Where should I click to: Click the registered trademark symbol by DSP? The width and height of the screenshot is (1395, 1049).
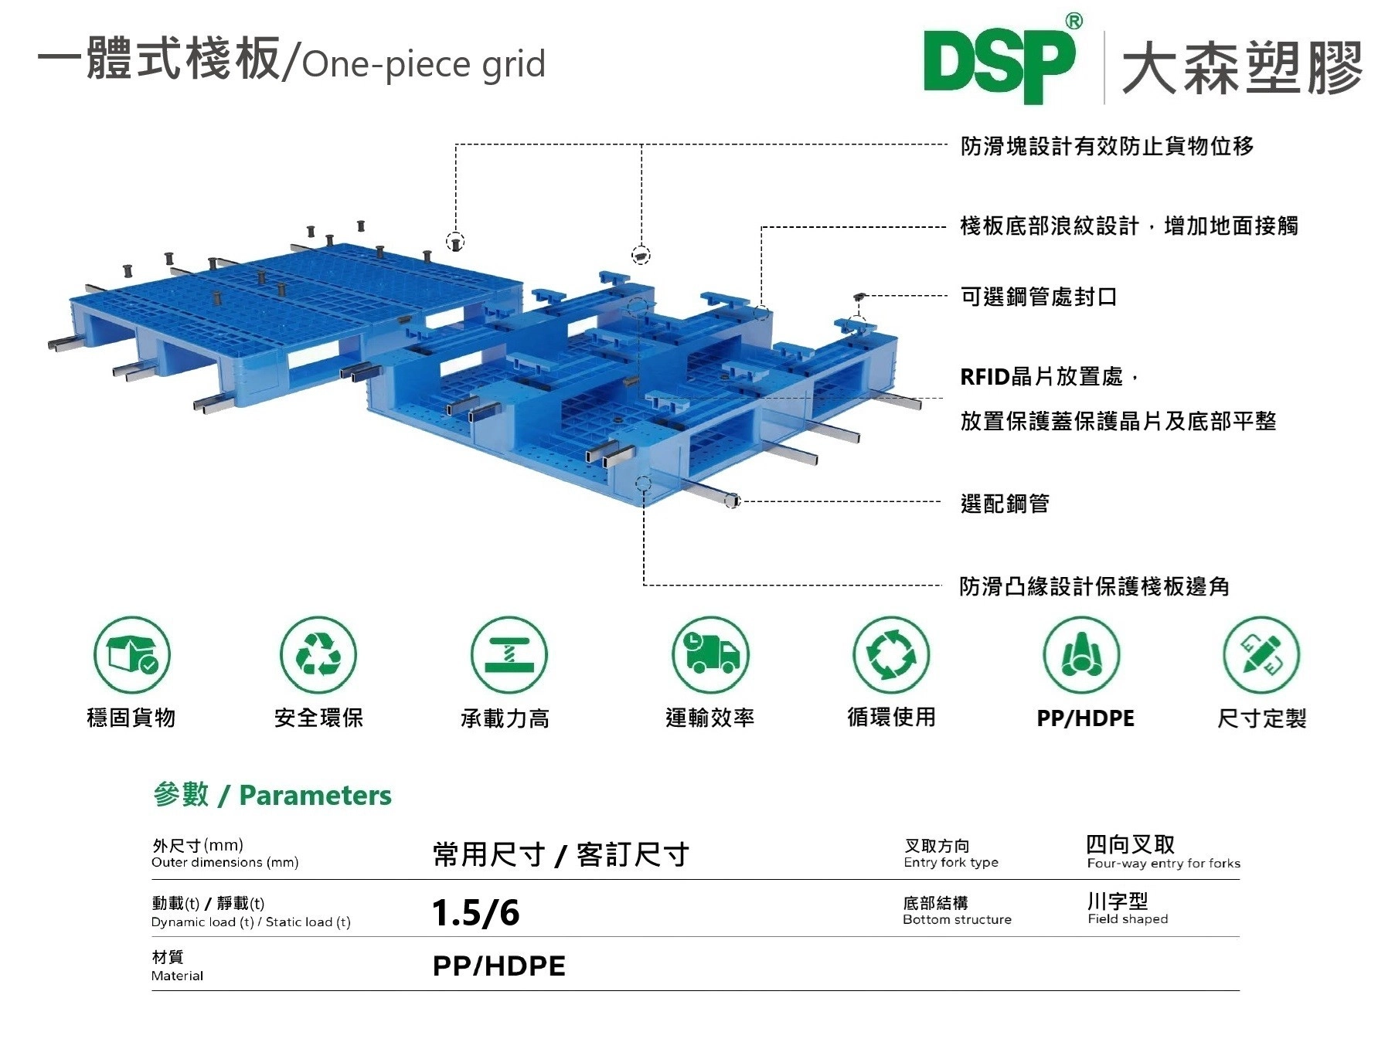coord(1073,21)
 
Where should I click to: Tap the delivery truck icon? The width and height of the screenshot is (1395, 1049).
coord(709,655)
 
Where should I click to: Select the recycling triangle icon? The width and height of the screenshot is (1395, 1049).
coord(318,655)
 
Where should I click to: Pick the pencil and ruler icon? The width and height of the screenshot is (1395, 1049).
coord(1261,655)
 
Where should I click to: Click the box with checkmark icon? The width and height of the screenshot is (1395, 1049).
coord(132,655)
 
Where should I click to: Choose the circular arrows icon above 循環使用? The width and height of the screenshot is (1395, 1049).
coord(891,655)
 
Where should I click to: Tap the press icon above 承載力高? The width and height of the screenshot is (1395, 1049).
coord(509,655)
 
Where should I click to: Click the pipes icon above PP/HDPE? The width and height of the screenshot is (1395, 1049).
coord(1081,655)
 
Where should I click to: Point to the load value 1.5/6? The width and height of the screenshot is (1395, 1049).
coord(476,913)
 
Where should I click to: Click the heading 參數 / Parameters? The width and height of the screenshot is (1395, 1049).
coord(272,795)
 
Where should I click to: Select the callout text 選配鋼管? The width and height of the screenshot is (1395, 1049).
coord(1005,504)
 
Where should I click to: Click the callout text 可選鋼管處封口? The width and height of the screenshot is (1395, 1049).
coord(1039,297)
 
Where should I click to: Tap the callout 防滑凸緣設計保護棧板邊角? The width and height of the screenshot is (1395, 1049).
coord(1094,586)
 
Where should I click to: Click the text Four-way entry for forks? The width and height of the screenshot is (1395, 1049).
coord(1163,864)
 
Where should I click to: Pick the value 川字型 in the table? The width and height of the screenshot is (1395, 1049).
coord(1118,901)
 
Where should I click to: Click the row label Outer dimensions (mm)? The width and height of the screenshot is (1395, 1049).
coord(225,863)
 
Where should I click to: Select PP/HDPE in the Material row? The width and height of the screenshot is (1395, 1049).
coord(499,966)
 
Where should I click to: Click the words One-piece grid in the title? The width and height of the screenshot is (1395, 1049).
coord(424,64)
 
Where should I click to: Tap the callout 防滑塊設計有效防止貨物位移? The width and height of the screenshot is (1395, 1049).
coord(1107,145)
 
